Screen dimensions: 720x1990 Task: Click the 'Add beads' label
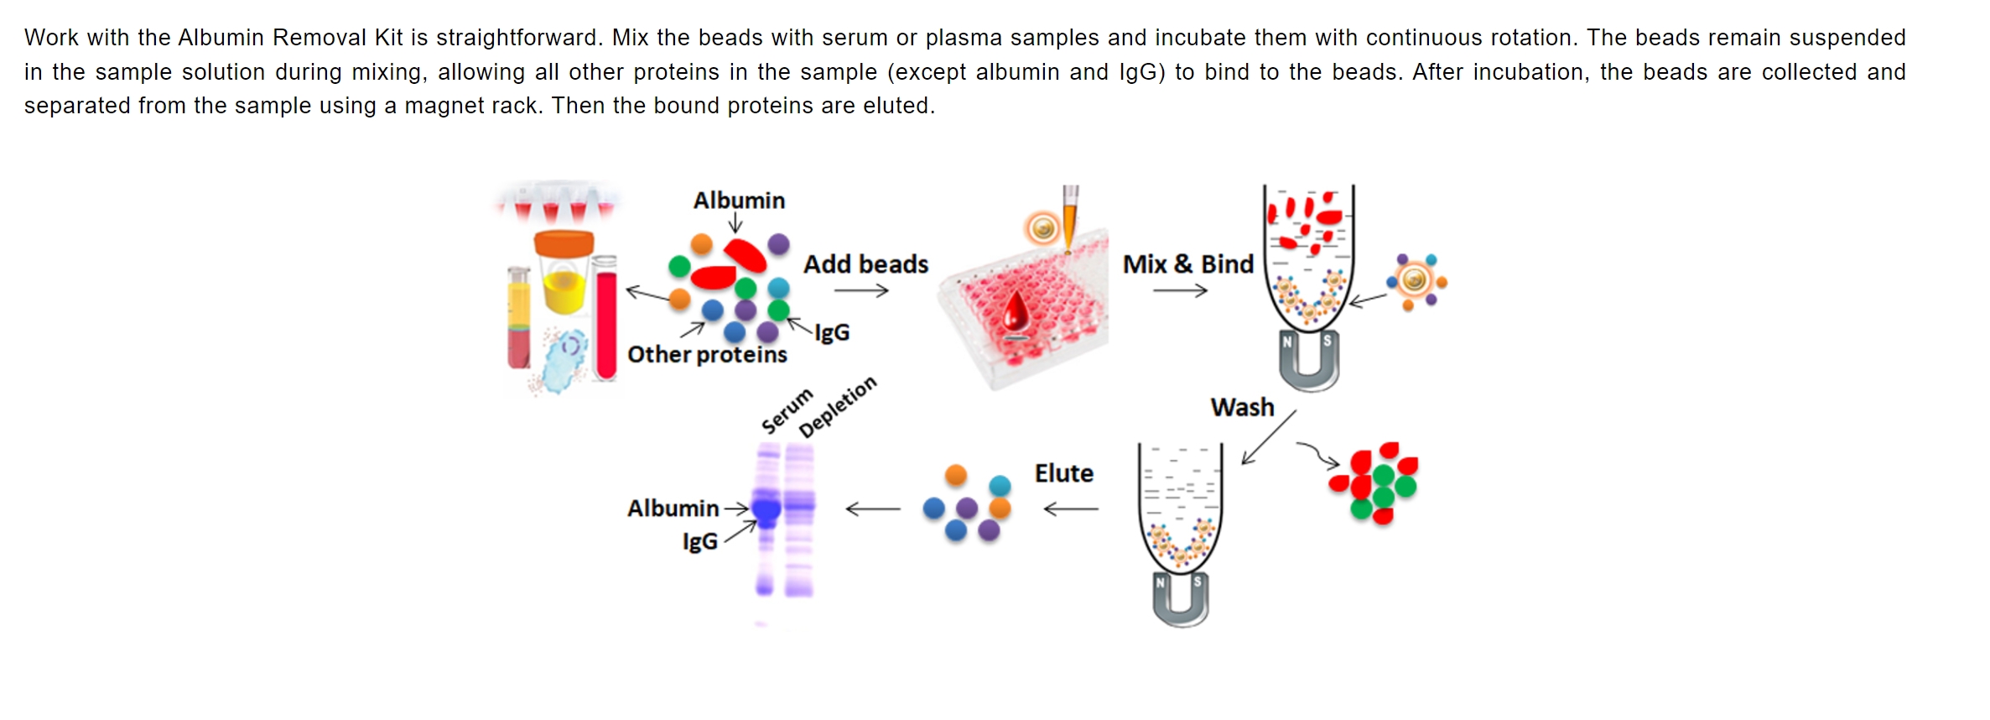tap(865, 264)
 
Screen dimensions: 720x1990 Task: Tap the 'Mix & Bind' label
tap(1187, 264)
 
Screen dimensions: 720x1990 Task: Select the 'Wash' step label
tap(1242, 408)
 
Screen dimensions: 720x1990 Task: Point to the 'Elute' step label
tap(1063, 473)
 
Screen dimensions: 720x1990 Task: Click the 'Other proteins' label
tap(707, 355)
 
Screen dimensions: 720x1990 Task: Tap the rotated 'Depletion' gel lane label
tap(837, 406)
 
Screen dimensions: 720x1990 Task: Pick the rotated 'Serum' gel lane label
tap(787, 410)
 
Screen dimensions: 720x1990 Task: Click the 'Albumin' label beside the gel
tap(673, 509)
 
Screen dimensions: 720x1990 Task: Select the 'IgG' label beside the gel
tap(699, 541)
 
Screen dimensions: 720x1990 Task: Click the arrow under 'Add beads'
tap(860, 291)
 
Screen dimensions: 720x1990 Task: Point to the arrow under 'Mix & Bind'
tap(1179, 291)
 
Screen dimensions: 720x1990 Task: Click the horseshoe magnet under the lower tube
tap(1181, 599)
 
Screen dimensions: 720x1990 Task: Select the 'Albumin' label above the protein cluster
tap(739, 201)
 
